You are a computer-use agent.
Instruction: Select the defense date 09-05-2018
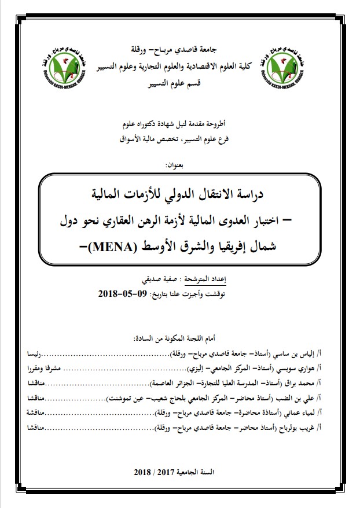(125, 295)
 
